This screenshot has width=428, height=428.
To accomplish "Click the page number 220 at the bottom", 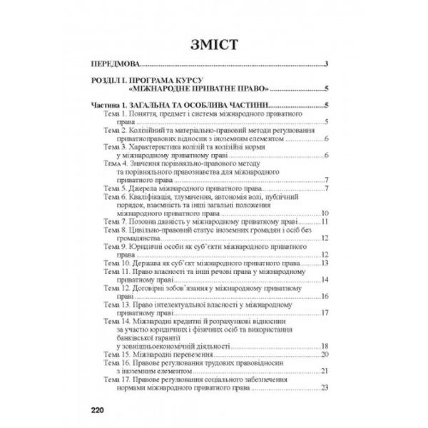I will point(98,409).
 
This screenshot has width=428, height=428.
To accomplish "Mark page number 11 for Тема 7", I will point(323,222).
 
